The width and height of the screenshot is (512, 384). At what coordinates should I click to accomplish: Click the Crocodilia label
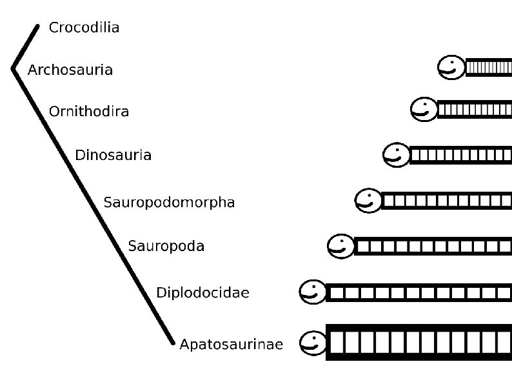click(x=84, y=28)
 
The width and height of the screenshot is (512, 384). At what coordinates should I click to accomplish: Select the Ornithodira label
click(x=89, y=112)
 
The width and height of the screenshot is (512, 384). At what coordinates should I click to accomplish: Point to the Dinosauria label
click(x=113, y=155)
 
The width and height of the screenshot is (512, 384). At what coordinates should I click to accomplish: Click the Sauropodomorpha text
click(x=169, y=203)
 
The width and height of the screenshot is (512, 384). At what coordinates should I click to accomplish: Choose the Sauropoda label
click(x=166, y=246)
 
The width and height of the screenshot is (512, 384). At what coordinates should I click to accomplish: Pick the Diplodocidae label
click(x=202, y=293)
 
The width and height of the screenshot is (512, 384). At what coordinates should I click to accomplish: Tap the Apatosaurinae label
click(x=231, y=344)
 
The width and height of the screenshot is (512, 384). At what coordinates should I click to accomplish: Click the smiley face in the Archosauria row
click(x=451, y=67)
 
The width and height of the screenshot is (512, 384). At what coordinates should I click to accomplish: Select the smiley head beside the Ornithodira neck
click(x=424, y=109)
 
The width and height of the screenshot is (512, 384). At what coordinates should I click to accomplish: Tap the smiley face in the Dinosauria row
click(x=396, y=154)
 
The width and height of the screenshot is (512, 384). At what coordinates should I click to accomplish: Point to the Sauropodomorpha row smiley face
click(x=368, y=200)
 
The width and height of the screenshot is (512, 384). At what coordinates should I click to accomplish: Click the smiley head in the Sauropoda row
click(x=340, y=245)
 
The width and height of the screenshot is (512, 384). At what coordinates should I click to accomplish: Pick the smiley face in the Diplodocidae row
click(x=313, y=292)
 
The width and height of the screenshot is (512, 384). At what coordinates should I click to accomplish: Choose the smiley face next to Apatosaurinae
click(x=313, y=342)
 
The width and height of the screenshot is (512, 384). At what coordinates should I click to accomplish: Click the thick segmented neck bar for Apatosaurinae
click(x=418, y=342)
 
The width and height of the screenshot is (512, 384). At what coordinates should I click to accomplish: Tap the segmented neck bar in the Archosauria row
click(x=488, y=67)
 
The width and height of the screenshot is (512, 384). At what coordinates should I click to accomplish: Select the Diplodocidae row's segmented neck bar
click(x=418, y=293)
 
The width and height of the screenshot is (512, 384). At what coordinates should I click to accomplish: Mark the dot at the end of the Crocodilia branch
click(x=38, y=27)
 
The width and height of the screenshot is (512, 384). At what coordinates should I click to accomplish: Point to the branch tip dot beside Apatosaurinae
click(x=173, y=343)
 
